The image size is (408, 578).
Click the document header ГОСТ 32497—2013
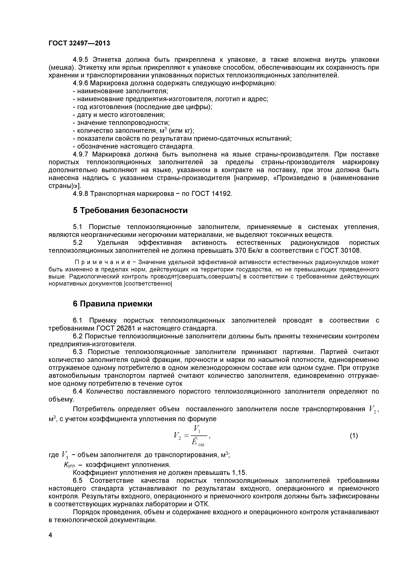pos(79,43)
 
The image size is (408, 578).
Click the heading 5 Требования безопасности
pos(130,210)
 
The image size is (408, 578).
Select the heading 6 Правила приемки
pos(112,304)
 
